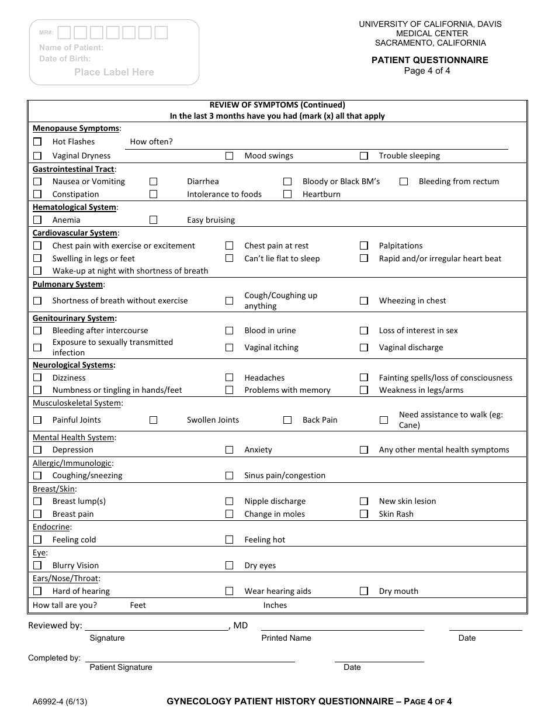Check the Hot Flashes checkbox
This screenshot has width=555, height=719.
(x=37, y=141)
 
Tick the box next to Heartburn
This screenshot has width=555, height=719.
(x=287, y=194)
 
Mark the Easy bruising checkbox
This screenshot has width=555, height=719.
(x=153, y=220)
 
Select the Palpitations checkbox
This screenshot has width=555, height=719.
(x=364, y=246)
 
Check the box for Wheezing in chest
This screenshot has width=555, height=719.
(x=364, y=300)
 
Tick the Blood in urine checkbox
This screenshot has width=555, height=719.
(x=230, y=330)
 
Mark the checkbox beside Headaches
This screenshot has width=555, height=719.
(x=230, y=378)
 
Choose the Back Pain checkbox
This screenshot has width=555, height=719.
(x=287, y=420)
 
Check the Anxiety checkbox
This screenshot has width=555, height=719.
(x=230, y=450)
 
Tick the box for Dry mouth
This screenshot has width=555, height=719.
(x=364, y=591)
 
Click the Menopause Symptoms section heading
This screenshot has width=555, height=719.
(x=77, y=128)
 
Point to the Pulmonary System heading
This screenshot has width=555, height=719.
(x=68, y=284)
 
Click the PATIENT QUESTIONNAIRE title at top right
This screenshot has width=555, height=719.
(x=430, y=60)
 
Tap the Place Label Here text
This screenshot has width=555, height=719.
(x=114, y=72)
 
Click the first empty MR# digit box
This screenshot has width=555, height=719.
(x=65, y=33)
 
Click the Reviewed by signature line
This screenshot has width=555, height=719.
(x=156, y=630)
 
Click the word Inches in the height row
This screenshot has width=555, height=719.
(x=275, y=605)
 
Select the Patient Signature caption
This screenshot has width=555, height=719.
(x=121, y=667)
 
